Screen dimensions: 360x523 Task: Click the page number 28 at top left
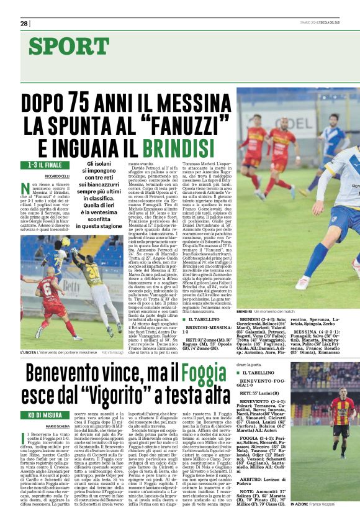(x=24, y=23)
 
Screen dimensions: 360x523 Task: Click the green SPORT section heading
(x=68, y=46)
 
